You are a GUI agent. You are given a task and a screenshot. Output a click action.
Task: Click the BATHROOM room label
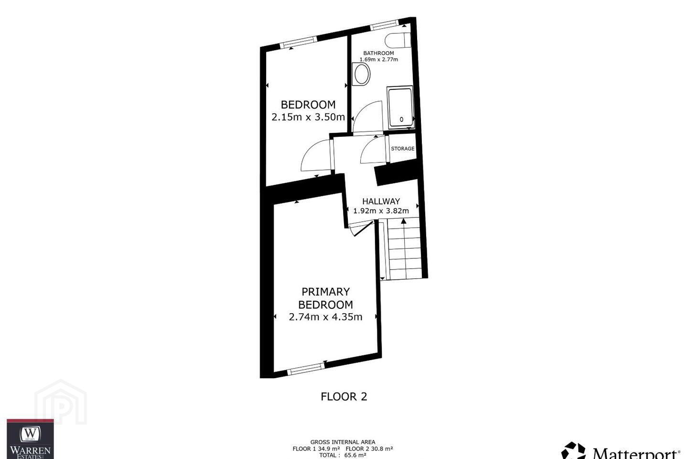tap(378, 53)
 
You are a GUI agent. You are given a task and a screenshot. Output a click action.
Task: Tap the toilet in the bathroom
tap(398, 40)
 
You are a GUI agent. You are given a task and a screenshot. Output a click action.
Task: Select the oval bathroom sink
tap(362, 74)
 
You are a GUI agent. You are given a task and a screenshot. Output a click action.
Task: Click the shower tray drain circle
tap(401, 119)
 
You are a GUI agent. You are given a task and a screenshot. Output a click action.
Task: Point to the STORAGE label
tap(403, 149)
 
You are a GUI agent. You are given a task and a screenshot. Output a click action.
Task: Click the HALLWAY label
tap(381, 201)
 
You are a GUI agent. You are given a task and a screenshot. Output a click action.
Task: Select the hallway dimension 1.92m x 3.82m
tap(381, 211)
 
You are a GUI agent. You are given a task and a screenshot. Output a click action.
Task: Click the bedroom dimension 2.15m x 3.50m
tap(308, 117)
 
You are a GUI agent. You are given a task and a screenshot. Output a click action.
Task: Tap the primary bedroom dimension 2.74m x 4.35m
tap(325, 317)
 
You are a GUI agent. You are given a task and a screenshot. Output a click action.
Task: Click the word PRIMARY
tap(325, 292)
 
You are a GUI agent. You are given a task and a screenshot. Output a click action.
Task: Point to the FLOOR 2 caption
tap(344, 396)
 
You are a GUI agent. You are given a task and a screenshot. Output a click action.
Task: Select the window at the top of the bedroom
tap(298, 42)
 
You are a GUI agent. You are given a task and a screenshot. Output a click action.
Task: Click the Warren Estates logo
tap(30, 439)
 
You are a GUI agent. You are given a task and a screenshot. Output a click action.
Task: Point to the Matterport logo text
tap(635, 454)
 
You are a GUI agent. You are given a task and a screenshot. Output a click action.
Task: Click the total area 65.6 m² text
tap(343, 455)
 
